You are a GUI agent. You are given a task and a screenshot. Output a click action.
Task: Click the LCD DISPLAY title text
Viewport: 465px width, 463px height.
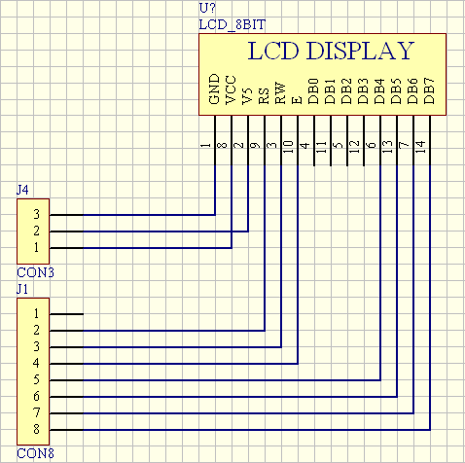[x=331, y=51]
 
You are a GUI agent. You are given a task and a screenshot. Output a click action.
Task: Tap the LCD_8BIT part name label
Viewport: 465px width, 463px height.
[x=232, y=25]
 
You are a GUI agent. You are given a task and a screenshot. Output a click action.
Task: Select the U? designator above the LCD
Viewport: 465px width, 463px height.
[x=207, y=8]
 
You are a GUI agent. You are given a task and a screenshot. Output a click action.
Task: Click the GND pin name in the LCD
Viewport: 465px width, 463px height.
[x=215, y=89]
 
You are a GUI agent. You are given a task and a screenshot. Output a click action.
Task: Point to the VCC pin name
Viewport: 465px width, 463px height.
[x=231, y=89]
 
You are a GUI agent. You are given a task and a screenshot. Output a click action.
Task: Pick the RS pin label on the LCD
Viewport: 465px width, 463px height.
[x=264, y=96]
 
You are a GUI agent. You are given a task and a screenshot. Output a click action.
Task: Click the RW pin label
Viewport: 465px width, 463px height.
[x=280, y=93]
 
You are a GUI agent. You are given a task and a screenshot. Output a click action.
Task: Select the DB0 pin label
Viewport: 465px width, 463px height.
[x=313, y=91]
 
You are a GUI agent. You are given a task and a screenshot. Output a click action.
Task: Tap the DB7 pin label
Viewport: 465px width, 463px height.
[x=429, y=91]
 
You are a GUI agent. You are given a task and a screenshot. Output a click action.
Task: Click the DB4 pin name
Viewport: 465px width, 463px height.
[x=379, y=91]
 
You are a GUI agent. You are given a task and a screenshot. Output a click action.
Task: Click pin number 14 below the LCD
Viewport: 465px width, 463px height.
[x=420, y=147]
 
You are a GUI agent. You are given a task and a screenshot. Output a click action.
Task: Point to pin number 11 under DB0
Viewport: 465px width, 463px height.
[x=321, y=147]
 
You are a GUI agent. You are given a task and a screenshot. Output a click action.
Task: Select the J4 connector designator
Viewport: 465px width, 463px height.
[x=22, y=190]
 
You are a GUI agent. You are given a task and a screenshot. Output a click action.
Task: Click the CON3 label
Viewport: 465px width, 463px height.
[x=35, y=272]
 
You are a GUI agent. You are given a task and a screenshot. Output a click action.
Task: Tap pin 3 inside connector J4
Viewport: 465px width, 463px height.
[x=37, y=214]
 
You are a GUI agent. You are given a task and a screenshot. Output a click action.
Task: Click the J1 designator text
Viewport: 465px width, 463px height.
[x=22, y=289]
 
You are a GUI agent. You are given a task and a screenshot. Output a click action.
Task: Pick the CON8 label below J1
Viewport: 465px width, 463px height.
[x=35, y=453]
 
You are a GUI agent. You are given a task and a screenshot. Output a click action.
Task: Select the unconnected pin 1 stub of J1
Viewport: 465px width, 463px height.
[x=66, y=314]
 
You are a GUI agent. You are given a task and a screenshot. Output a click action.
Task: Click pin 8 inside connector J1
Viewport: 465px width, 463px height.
[x=37, y=429]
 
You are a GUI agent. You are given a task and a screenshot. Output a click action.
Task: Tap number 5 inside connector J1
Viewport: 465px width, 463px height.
[x=37, y=379]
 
